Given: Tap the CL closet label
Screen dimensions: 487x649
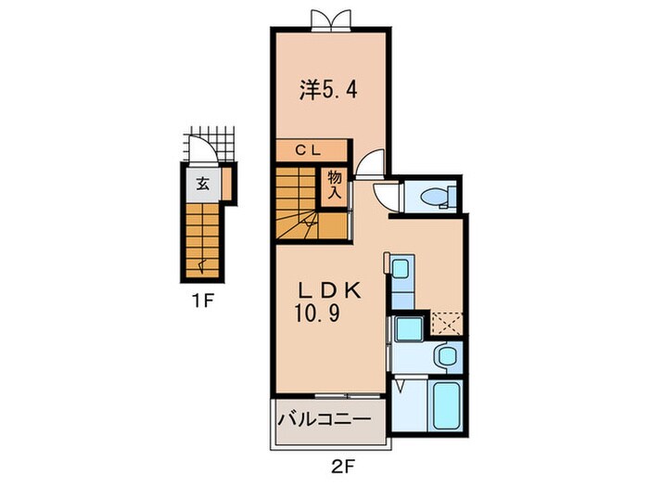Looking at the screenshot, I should coord(310,149).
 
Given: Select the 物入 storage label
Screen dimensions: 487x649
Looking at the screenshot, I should coord(333,185).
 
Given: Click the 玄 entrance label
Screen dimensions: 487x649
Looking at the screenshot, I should coord(201,183).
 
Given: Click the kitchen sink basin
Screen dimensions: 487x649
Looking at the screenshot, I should coord(400,270).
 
